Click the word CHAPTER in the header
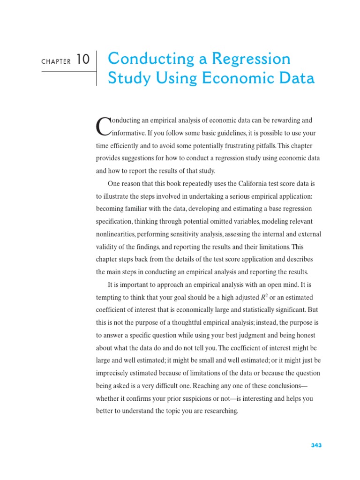click(x=56, y=61)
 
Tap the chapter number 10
click(x=82, y=60)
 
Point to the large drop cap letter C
click(x=102, y=126)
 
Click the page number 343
click(x=316, y=445)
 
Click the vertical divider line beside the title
click(x=97, y=68)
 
